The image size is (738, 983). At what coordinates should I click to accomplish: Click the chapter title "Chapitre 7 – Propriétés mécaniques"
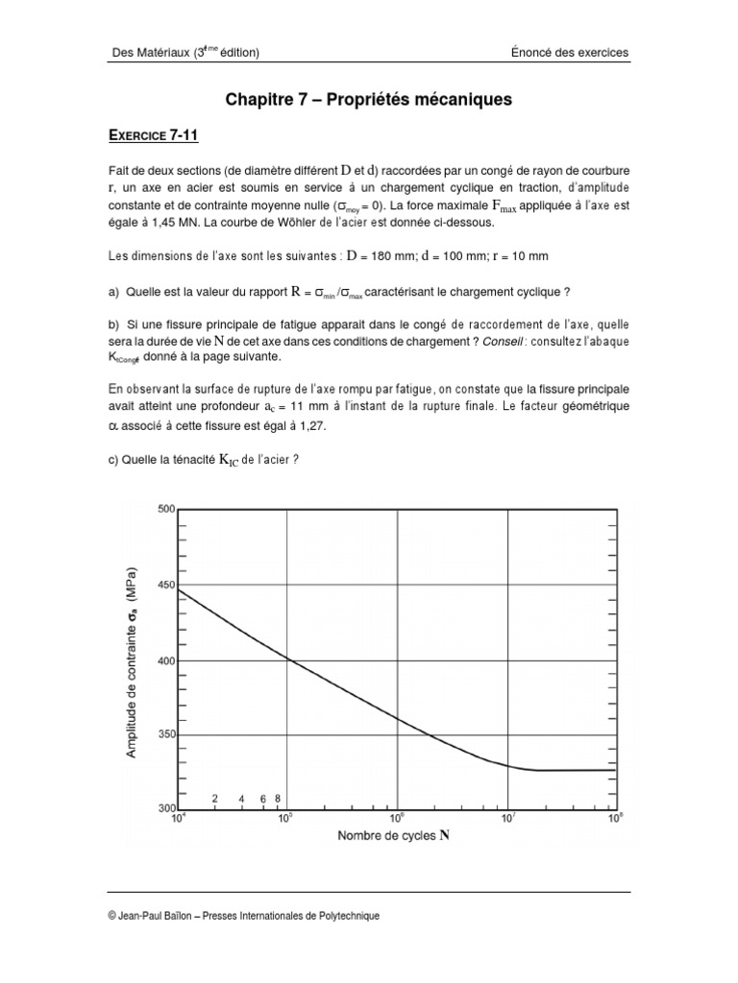pyautogui.click(x=369, y=99)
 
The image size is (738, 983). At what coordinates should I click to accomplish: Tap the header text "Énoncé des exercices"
pyautogui.click(x=570, y=53)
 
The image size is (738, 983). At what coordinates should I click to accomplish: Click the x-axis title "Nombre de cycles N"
pyautogui.click(x=394, y=835)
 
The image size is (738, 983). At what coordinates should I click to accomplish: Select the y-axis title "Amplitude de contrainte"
pyautogui.click(x=132, y=663)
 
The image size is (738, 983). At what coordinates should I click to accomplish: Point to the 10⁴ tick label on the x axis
pyautogui.click(x=178, y=819)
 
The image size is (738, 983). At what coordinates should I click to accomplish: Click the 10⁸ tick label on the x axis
pyautogui.click(x=615, y=819)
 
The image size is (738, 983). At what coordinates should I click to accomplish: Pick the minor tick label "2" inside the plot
pyautogui.click(x=214, y=799)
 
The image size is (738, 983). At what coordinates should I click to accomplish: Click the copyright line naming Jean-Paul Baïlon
pyautogui.click(x=245, y=916)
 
